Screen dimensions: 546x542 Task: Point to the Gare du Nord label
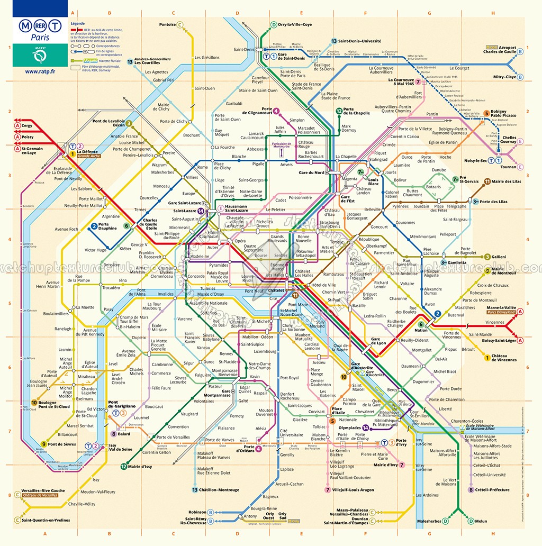(311, 173)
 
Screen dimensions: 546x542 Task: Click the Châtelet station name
(277, 290)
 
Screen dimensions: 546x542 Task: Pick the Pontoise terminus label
(168, 24)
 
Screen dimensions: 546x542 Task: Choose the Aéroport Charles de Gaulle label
(500, 49)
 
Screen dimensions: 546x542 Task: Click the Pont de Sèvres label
(62, 444)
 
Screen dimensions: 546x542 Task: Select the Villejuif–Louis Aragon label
(353, 490)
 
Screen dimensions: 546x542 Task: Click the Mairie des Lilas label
(506, 181)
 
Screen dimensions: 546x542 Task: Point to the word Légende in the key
(77, 24)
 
